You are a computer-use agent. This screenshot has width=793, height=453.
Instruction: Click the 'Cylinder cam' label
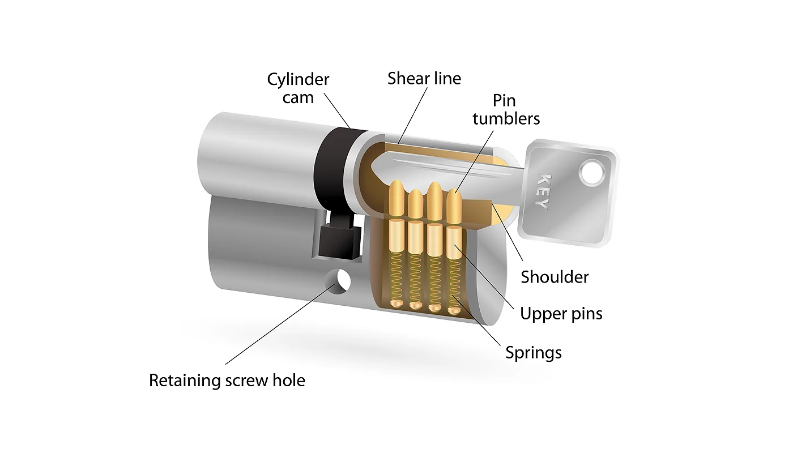[x=298, y=88]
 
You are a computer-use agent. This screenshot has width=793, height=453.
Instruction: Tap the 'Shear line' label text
[x=424, y=78]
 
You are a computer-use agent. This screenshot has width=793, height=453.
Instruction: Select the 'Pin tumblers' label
[x=506, y=109]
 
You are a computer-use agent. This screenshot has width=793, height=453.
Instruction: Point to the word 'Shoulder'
[x=555, y=277]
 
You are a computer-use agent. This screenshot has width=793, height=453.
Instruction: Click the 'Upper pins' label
[x=561, y=313]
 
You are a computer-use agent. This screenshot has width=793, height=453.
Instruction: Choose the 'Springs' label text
[x=534, y=353]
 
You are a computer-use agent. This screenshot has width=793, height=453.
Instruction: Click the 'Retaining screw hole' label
[x=227, y=380]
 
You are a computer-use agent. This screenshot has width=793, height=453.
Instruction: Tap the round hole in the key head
[x=592, y=173]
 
